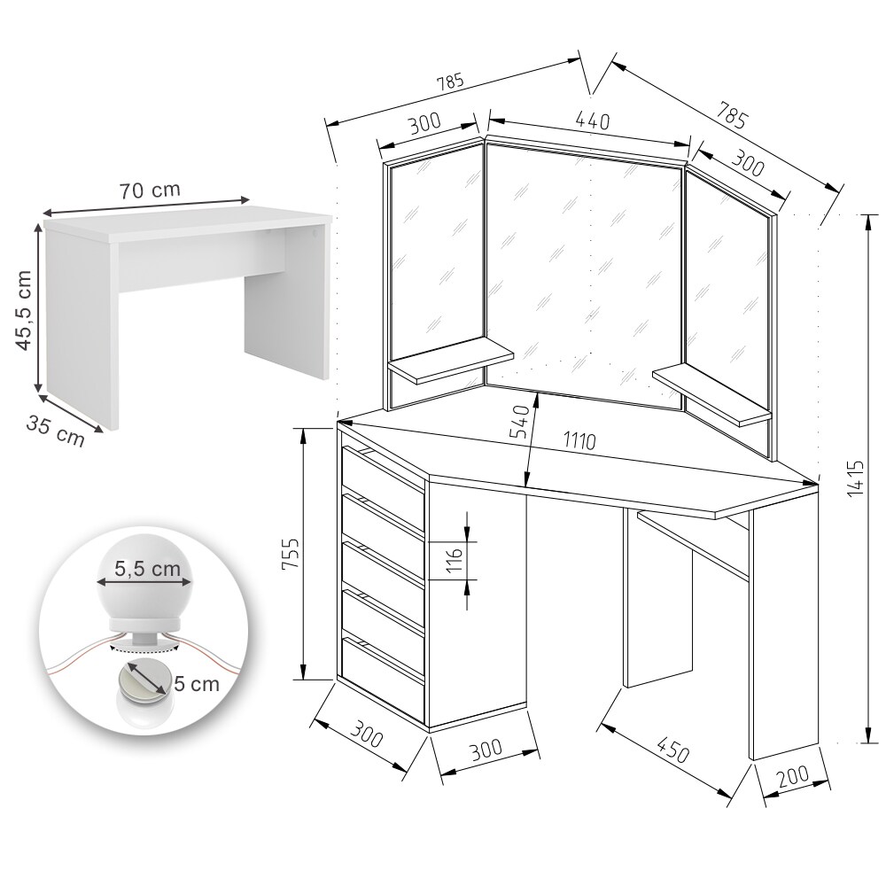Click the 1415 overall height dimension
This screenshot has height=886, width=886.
pyautogui.click(x=857, y=478)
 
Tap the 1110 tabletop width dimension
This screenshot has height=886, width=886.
pyautogui.click(x=579, y=440)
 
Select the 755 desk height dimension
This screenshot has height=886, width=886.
pyautogui.click(x=291, y=554)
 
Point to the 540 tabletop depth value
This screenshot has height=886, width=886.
pyautogui.click(x=519, y=422)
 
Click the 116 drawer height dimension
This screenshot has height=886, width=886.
pyautogui.click(x=455, y=560)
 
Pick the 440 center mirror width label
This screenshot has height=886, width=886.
pyautogui.click(x=593, y=120)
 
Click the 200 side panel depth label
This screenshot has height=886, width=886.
pyautogui.click(x=793, y=777)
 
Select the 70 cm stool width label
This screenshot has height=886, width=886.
pyautogui.click(x=149, y=190)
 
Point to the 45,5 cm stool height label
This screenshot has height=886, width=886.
pyautogui.click(x=24, y=309)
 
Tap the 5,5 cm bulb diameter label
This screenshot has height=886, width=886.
pyautogui.click(x=147, y=568)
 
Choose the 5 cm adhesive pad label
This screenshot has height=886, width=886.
pyautogui.click(x=196, y=684)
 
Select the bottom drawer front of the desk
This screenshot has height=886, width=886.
pyautogui.click(x=383, y=680)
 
